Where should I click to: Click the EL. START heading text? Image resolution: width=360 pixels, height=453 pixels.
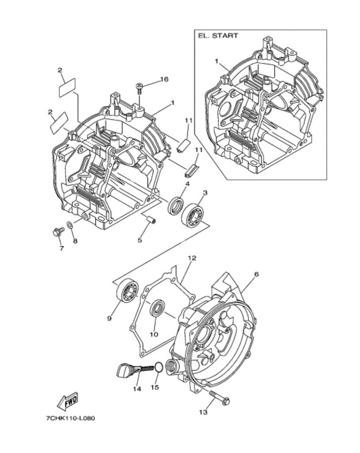[x=218, y=35]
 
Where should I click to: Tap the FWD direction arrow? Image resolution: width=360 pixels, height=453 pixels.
[x=68, y=401]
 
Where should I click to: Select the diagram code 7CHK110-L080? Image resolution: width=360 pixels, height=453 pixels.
[x=70, y=418]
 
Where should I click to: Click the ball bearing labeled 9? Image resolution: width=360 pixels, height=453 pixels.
[x=127, y=291]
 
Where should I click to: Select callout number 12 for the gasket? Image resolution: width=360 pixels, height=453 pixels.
[x=192, y=258]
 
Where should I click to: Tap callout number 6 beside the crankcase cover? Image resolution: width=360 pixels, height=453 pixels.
[x=256, y=274]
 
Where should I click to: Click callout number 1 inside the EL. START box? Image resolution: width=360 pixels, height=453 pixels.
[x=216, y=61]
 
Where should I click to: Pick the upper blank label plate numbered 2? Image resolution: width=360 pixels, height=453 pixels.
[x=67, y=87]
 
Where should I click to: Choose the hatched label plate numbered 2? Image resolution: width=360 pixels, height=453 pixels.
[x=59, y=123]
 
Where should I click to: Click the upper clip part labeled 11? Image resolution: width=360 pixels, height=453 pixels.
[x=183, y=145]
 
